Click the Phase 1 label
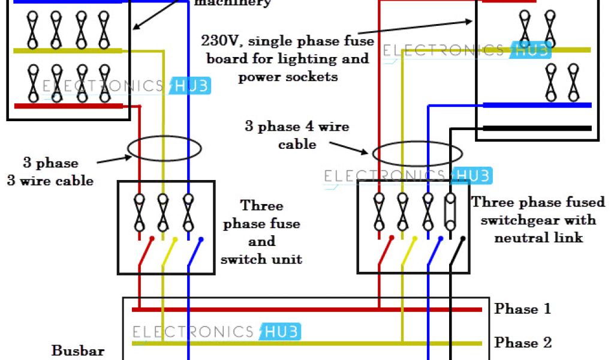[x=522, y=309]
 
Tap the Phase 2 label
[x=522, y=343]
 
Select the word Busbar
[x=78, y=350]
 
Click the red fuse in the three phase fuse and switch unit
[x=139, y=213]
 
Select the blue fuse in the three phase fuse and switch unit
[x=188, y=213]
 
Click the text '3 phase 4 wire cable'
[x=297, y=135]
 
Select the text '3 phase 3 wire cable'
[x=50, y=172]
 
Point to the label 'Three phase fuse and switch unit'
[x=261, y=232]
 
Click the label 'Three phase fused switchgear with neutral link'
[x=538, y=220]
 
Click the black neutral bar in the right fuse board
[x=537, y=128]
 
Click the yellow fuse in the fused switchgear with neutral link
[x=403, y=212]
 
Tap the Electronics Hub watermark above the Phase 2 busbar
[x=216, y=332]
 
